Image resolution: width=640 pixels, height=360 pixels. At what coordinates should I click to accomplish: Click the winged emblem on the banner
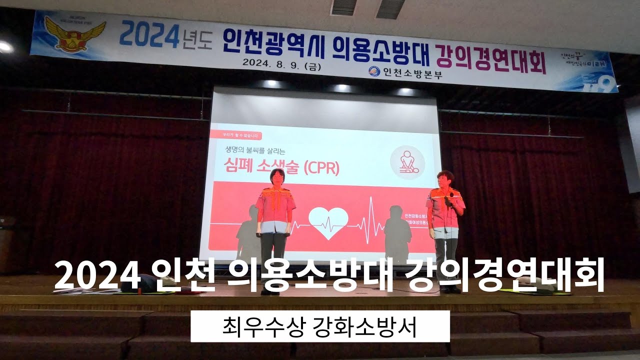68,33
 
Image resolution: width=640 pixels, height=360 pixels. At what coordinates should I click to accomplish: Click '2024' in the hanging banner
149,36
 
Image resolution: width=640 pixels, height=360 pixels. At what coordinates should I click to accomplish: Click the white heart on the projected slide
328,222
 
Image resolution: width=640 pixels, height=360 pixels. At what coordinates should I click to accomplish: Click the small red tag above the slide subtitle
235,135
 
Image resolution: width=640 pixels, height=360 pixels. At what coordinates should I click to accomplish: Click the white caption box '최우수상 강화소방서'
320,326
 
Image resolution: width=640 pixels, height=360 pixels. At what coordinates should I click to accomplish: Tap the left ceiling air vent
343,6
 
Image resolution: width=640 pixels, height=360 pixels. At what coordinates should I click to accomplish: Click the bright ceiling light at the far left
5,47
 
